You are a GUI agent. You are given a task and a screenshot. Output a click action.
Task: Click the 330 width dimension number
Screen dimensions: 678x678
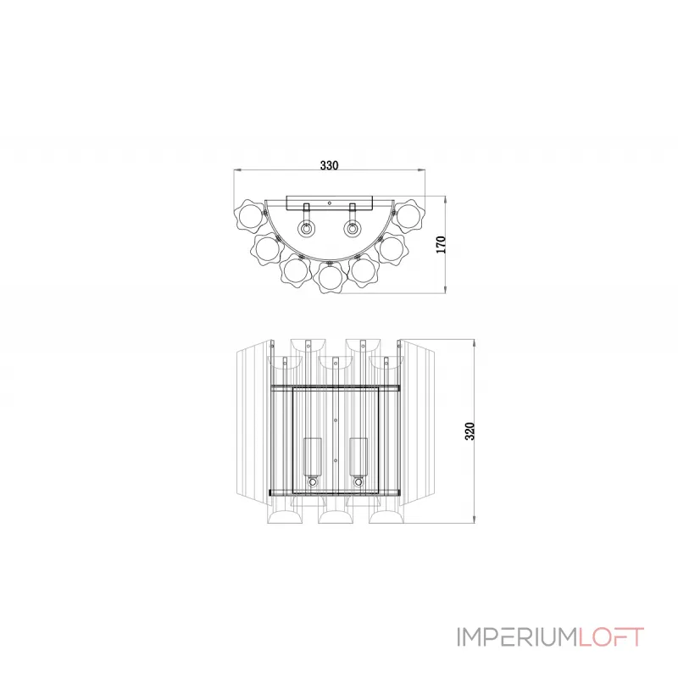coord(330,166)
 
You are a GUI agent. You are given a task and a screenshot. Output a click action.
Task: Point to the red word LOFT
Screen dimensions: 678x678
coord(611,636)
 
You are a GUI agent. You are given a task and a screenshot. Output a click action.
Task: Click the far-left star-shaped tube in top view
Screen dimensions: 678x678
coord(250,217)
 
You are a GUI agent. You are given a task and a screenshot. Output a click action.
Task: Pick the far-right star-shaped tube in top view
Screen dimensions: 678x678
coord(411,217)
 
